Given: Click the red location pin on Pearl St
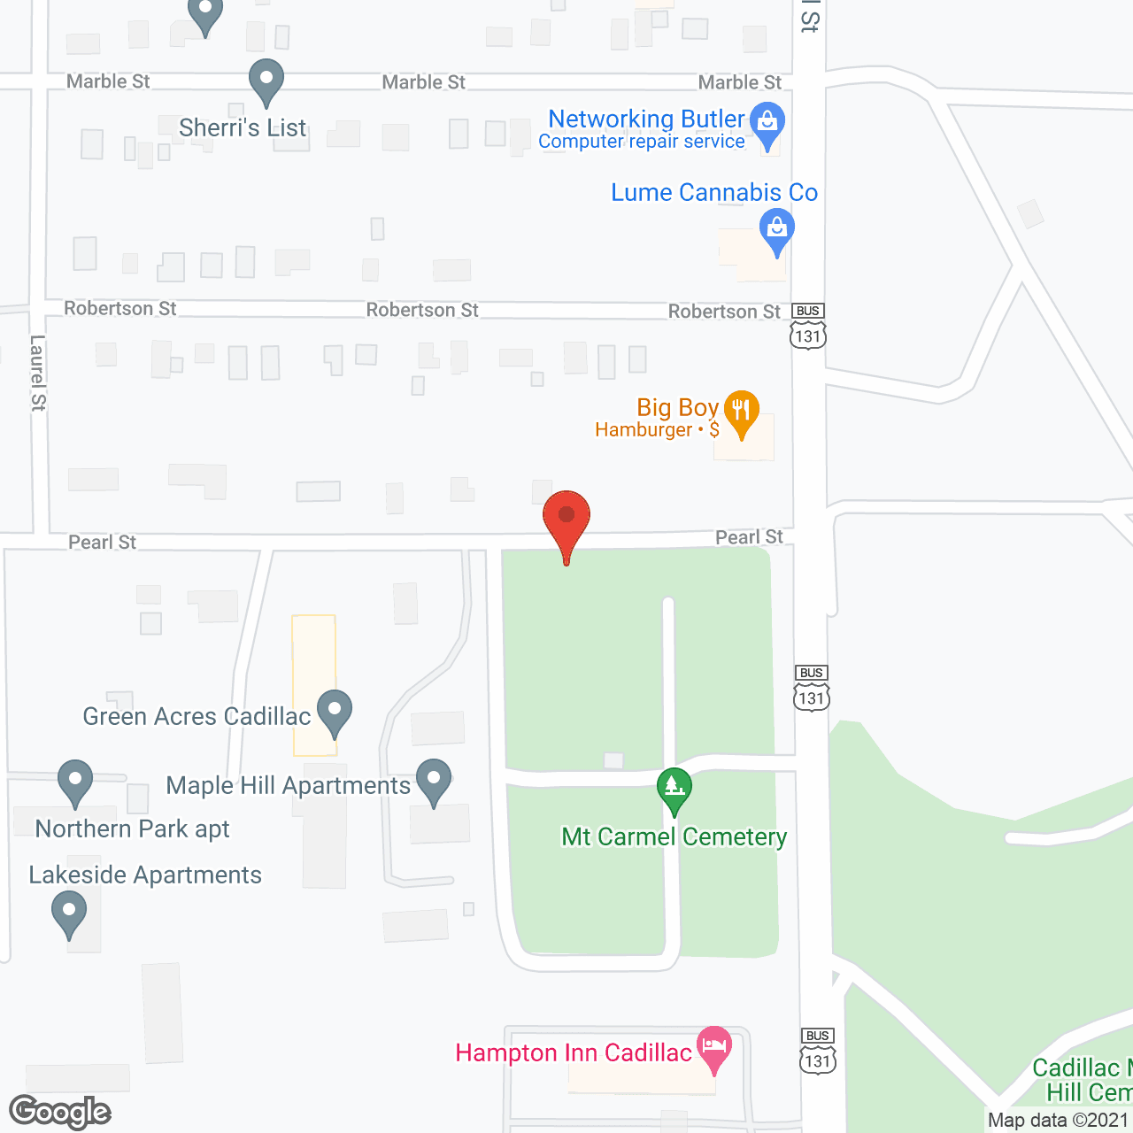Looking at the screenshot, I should tap(566, 518).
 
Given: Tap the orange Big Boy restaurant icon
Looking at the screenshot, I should tap(742, 411).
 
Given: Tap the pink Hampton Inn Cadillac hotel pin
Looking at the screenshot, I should tap(713, 1046).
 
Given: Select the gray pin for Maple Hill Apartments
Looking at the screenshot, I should tap(434, 780).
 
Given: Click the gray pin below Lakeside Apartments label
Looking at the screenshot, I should tap(69, 912).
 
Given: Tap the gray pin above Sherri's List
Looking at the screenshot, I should tap(266, 79).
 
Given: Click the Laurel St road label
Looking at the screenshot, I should tap(37, 373).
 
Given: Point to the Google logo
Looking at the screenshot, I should tap(60, 1113).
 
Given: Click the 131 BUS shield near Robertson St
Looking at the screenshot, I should tap(808, 327).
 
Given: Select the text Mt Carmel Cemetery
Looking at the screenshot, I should tap(674, 836).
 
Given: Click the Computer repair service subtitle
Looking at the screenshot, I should tap(641, 142).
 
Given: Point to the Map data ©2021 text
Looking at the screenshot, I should tap(1059, 1120).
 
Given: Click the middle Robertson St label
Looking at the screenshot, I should tap(422, 310).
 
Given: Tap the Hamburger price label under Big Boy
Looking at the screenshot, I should tap(657, 430).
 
